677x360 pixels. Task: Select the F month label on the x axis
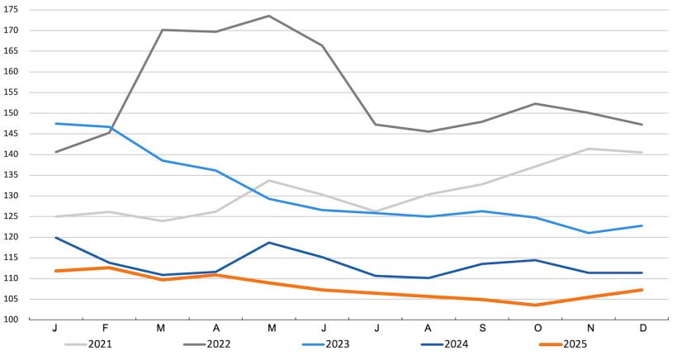pyautogui.click(x=108, y=329)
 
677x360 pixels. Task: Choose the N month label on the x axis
pyautogui.click(x=589, y=329)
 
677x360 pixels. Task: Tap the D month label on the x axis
pyautogui.click(x=641, y=329)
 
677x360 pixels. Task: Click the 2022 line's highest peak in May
pyautogui.click(x=268, y=16)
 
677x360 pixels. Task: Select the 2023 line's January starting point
pyautogui.click(x=55, y=124)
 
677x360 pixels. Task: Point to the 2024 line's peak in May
pyautogui.click(x=268, y=243)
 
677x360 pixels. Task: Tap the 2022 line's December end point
pyautogui.click(x=641, y=125)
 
